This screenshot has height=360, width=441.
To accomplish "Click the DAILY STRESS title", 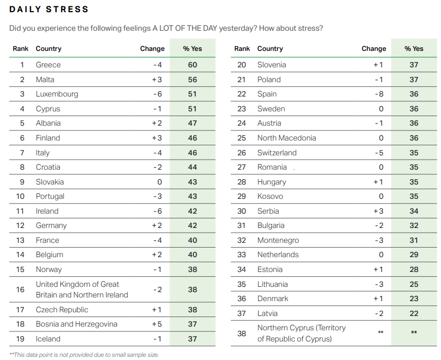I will click(49, 10).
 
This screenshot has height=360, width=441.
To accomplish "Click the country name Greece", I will click(48, 65).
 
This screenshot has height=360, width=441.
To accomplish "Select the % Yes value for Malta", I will click(192, 80).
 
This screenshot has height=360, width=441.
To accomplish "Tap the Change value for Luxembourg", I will click(157, 94).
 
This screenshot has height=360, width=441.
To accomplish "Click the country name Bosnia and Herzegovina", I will click(77, 324).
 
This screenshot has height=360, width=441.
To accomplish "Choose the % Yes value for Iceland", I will click(192, 339).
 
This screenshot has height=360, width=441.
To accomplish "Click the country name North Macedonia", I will click(287, 138).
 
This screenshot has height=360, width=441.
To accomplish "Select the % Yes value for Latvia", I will click(414, 313).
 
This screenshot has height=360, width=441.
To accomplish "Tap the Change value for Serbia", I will click(378, 211).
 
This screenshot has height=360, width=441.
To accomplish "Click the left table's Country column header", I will click(49, 49).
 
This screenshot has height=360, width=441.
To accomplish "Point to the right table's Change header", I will click(374, 49).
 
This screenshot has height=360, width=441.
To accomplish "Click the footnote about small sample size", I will click(84, 355).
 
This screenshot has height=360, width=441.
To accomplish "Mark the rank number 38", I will click(242, 333).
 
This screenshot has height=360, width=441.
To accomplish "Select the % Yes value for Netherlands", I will click(414, 254).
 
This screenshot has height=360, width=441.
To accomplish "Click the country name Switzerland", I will click(277, 153).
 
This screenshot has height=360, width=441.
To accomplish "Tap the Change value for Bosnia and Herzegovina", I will click(156, 324).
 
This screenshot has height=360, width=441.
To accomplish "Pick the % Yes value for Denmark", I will click(414, 298).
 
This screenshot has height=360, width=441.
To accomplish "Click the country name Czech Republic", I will click(62, 310).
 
